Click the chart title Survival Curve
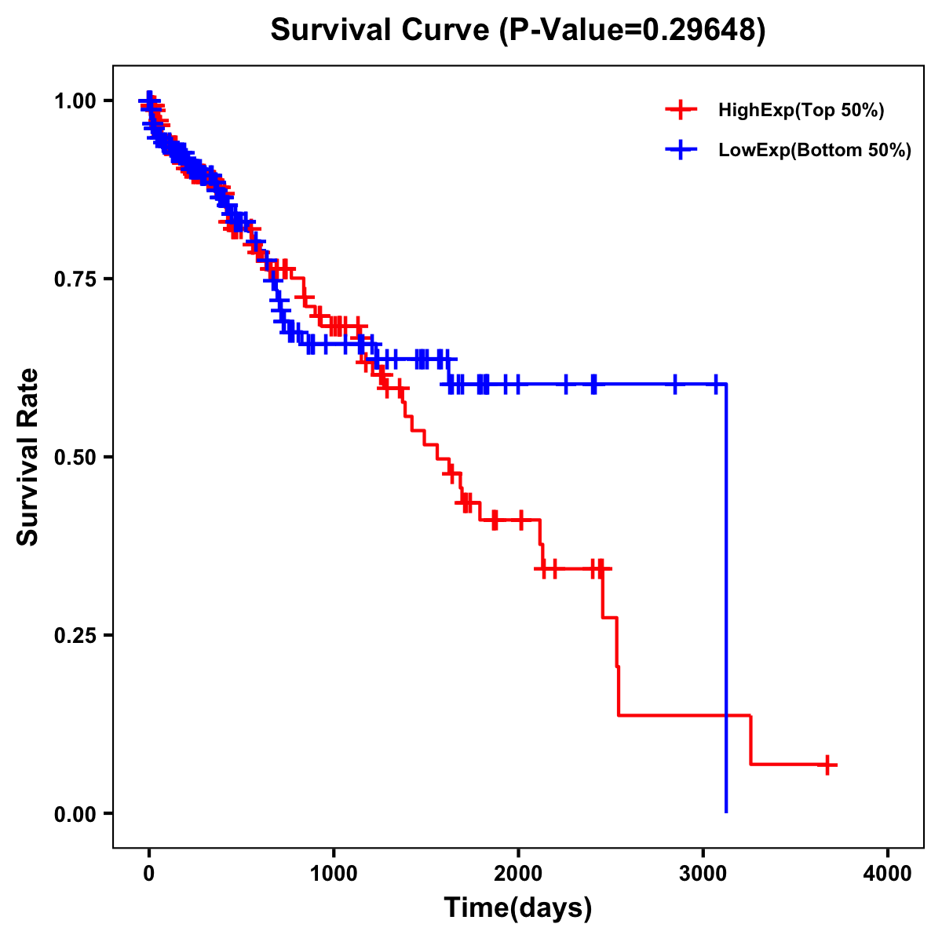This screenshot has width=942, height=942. coord(382,30)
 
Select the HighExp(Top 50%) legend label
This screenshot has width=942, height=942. coord(801,111)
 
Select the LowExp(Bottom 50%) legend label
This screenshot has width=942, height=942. coord(815,151)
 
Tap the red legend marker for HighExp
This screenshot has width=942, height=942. coord(681,111)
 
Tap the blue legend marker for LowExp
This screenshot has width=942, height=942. coord(681,151)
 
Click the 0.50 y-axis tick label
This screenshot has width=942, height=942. coord(75,458)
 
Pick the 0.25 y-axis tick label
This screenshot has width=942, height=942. coord(75,636)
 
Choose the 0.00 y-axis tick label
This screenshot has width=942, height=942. coord(75,814)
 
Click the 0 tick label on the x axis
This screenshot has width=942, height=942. coord(149,874)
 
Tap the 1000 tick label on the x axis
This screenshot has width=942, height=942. coord(334,874)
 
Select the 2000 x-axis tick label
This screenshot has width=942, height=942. coord(518,874)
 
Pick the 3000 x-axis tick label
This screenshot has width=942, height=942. coord(703,874)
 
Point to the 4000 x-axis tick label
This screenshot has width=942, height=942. coord(888,874)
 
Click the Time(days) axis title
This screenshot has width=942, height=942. coord(518,908)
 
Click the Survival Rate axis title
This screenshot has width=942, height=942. coord(28,457)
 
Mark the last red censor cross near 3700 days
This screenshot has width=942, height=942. coord(827,765)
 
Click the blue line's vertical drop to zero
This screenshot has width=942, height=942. coord(726,597)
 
